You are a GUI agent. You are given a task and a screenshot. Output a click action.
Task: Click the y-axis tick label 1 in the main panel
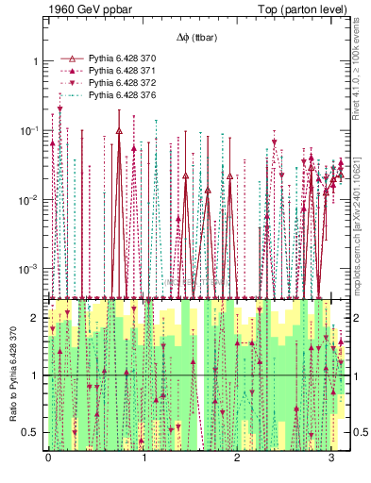[x=36, y=61]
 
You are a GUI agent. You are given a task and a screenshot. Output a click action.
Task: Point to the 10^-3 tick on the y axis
[x=31, y=269]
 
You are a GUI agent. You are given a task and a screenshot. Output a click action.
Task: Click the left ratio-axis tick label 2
[x=36, y=319]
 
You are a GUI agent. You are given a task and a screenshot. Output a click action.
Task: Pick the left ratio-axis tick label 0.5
[x=32, y=433]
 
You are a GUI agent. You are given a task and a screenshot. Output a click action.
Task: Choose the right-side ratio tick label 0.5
[x=359, y=433]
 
